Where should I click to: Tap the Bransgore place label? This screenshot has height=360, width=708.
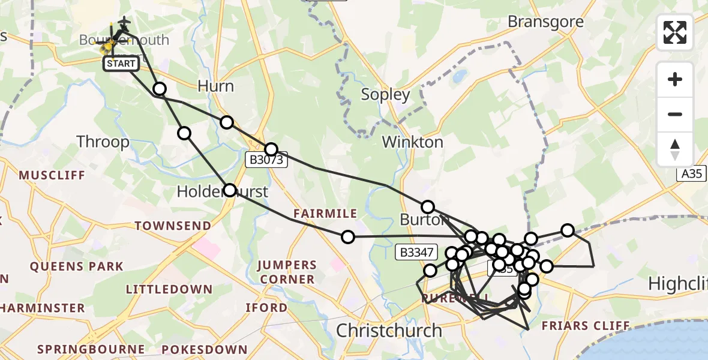(545, 22)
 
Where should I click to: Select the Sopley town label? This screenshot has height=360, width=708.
(385, 94)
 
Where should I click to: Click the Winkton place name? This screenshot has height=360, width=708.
(413, 142)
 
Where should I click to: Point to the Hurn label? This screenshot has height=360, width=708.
(215, 86)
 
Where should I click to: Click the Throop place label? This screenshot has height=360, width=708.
(103, 142)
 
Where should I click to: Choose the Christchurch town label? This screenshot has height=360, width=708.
(389, 330)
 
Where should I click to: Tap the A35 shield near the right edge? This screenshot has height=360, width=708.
(691, 174)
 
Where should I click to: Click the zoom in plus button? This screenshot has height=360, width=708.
(675, 79)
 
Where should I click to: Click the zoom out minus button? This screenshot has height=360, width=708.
(675, 114)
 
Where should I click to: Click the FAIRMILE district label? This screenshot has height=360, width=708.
(325, 214)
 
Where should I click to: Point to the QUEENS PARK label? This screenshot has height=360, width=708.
(76, 266)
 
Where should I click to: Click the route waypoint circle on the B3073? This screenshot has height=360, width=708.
(271, 149)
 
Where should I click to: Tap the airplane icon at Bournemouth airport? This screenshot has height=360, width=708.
(124, 22)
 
